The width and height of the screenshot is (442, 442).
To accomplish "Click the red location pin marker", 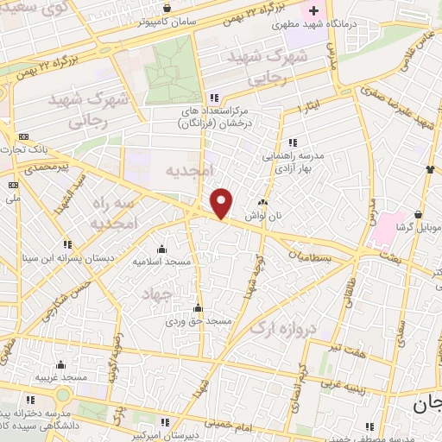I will (222, 203).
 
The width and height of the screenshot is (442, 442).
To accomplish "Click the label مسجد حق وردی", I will (199, 320).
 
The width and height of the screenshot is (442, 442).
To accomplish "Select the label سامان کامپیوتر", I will (167, 22).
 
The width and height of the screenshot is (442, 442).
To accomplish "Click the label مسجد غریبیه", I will (61, 378).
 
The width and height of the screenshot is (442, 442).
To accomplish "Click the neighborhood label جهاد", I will (158, 294).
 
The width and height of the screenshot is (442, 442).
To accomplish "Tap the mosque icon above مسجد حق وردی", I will (199, 307).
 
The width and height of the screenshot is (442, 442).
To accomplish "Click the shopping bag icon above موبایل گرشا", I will (419, 213).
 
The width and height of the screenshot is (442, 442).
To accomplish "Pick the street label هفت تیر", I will (349, 348).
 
